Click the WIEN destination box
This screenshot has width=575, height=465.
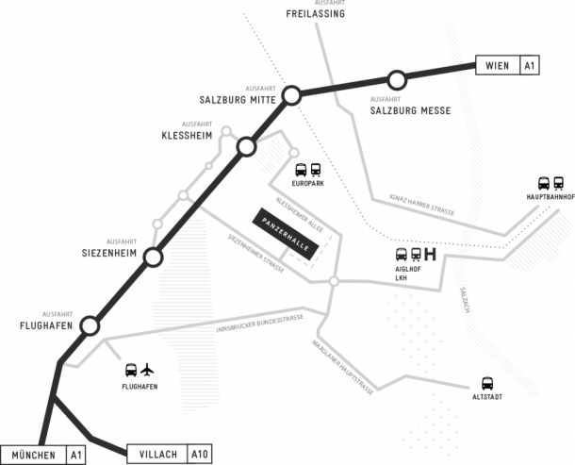tap(498, 65)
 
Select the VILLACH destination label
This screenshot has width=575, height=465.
tap(156, 455)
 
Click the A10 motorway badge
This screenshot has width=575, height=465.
tap(200, 455)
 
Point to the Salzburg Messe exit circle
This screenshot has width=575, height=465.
tap(397, 79)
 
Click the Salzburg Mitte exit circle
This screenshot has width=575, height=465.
tap(292, 94)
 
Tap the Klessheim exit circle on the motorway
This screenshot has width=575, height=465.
tap(246, 146)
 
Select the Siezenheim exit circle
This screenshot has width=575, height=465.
tap(154, 257)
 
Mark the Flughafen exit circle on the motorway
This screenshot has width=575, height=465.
tap(90, 325)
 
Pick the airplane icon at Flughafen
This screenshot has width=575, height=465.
tap(147, 370)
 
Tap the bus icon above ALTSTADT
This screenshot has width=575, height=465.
tap(487, 383)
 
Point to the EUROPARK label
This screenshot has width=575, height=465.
tap(309, 184)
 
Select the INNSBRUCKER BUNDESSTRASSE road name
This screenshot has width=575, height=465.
tap(259, 324)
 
